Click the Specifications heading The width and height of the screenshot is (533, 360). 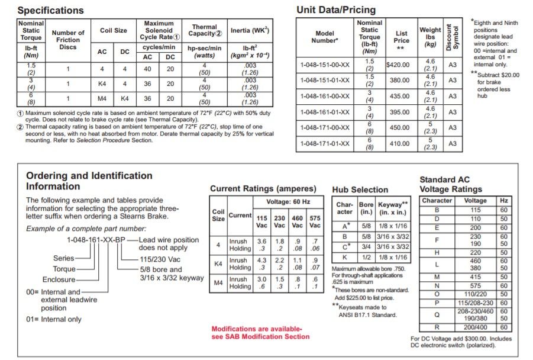pos(50,11)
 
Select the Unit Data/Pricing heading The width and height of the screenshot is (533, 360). pos(335,9)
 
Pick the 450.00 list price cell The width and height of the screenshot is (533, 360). pos(402,127)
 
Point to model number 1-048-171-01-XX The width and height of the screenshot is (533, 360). pos(324,143)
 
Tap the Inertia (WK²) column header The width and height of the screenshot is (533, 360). pos(248,30)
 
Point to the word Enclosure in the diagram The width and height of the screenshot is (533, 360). pos(59,279)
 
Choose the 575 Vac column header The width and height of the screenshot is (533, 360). pos(315,221)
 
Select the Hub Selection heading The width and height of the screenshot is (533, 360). pos(360,189)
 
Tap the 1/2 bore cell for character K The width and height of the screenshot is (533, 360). pos(366,257)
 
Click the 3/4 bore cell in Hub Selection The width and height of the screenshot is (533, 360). pos(366,246)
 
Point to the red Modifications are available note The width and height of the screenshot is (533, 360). pos(260,333)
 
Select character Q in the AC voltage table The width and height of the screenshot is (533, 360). pos(437,314)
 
